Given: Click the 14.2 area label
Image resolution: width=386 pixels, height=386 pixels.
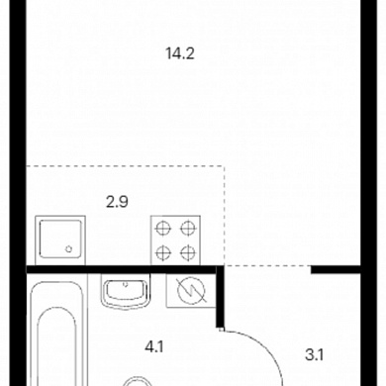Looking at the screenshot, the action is (x=180, y=53).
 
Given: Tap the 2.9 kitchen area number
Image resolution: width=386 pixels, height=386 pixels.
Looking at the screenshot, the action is (x=117, y=202).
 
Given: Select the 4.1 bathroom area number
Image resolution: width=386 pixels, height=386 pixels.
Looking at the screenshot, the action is (x=154, y=347).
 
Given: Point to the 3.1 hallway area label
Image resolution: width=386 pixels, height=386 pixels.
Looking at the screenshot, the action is (x=314, y=355).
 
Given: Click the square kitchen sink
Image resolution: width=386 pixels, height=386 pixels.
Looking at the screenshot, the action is (x=60, y=240).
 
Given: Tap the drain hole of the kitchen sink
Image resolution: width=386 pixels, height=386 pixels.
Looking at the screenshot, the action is (x=68, y=249).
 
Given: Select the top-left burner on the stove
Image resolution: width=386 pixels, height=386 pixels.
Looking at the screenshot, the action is (x=163, y=228).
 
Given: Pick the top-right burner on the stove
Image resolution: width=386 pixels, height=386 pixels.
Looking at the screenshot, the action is (x=187, y=228).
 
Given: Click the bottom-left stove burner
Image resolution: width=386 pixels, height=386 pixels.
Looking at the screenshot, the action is (x=163, y=252).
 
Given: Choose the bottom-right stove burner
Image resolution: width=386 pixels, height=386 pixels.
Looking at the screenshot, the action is (x=187, y=252).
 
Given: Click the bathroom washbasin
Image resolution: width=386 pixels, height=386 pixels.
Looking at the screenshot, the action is (x=126, y=291).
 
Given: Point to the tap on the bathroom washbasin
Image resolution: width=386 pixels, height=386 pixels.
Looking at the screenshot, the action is (x=126, y=283).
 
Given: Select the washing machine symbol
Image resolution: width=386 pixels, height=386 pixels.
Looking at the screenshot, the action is (x=191, y=291).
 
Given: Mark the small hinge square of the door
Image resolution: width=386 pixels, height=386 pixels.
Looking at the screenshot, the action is (x=222, y=329).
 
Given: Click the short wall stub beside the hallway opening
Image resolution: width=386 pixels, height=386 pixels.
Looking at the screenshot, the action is (x=336, y=270).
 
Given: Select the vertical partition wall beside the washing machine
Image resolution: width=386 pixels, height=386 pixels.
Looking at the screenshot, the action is (x=220, y=297).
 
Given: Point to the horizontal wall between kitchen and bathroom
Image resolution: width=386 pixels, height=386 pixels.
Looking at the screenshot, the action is (x=122, y=270).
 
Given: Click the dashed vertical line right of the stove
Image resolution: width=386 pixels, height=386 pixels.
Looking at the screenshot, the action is (x=225, y=216).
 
